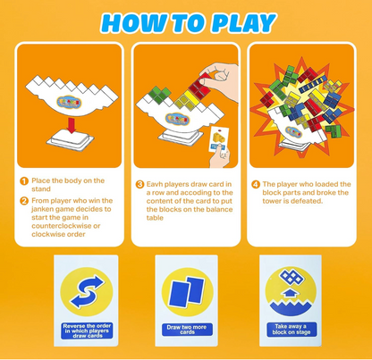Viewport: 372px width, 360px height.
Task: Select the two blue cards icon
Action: [x=186, y=294]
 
